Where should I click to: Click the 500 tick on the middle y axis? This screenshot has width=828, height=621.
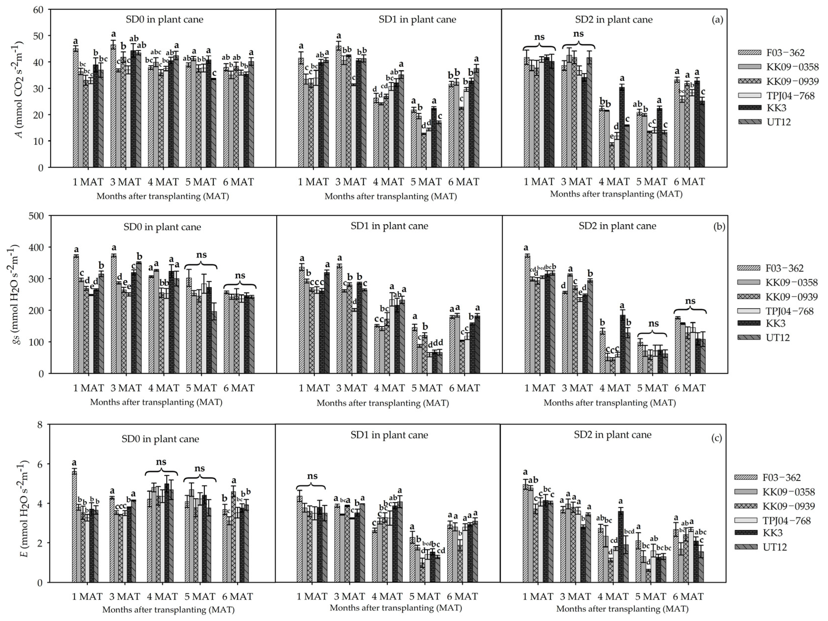click(36, 216)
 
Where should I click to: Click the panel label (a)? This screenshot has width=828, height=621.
click(717, 20)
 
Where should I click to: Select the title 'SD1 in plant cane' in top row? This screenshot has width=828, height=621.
click(417, 20)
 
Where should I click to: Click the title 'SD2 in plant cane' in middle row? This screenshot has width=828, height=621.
click(617, 226)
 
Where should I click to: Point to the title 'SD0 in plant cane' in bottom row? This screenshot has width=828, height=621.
click(160, 439)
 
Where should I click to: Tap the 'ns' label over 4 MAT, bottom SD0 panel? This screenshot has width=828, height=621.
click(161, 462)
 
